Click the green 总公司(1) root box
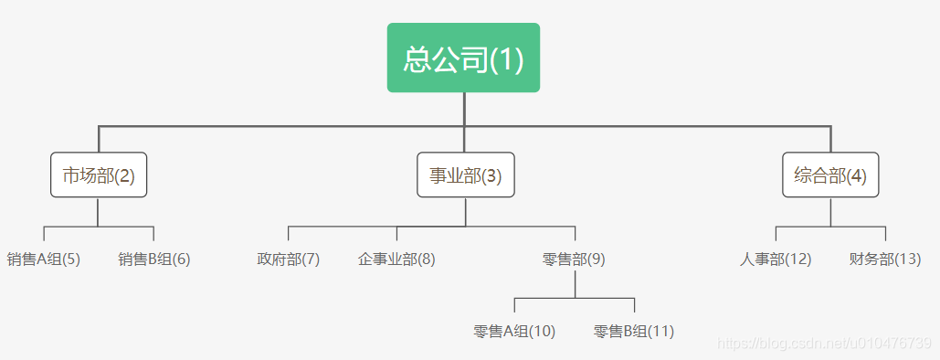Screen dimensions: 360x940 click(x=463, y=58)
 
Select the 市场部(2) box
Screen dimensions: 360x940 click(x=99, y=175)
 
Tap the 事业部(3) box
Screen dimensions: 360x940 click(x=466, y=175)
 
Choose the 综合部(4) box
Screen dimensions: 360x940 click(x=830, y=175)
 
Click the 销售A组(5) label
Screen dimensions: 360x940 click(x=44, y=259)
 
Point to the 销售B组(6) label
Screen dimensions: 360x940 click(x=154, y=259)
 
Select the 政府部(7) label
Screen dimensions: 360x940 click(x=289, y=259)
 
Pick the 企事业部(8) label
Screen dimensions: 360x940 click(x=396, y=259)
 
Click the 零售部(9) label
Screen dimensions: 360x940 click(x=574, y=259)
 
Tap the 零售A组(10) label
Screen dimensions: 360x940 click(x=514, y=331)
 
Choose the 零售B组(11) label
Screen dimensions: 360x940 click(x=634, y=331)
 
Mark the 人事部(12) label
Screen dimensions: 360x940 click(x=776, y=259)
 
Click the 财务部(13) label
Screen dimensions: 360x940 click(x=885, y=259)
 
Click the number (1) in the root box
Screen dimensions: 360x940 click(x=507, y=58)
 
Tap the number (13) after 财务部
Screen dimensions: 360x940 click(x=908, y=259)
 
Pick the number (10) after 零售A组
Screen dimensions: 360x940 click(x=543, y=331)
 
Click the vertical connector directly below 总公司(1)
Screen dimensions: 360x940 click(x=464, y=109)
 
